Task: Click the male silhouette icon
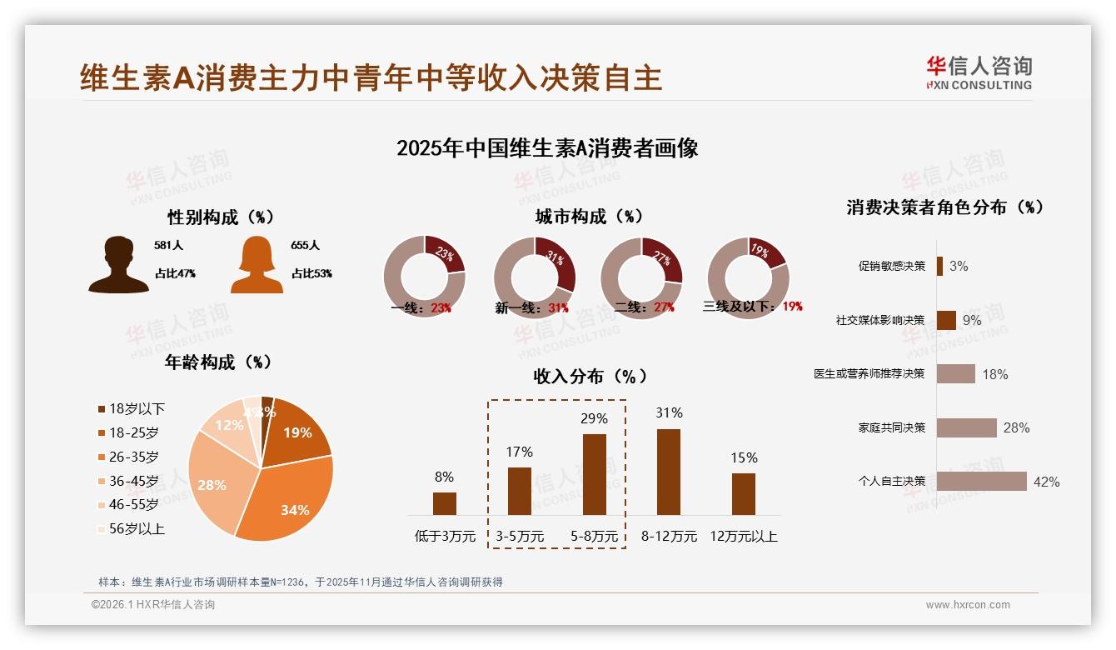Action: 118,265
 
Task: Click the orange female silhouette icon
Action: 257,265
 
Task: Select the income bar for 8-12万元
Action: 668,472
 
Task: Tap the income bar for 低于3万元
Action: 444,503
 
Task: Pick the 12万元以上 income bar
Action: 743,493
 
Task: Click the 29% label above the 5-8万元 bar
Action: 594,418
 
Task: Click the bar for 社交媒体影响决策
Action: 946,320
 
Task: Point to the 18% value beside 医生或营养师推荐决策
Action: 994,374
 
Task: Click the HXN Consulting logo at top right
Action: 979,72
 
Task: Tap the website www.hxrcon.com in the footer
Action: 967,605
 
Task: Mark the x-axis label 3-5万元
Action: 519,537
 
